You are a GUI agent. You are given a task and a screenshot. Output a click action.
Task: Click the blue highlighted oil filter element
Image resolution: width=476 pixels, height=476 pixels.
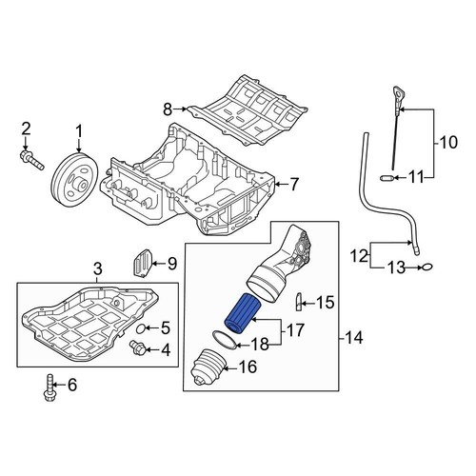(243, 313)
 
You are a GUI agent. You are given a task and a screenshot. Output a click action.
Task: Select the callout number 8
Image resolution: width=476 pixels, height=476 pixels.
(168, 109)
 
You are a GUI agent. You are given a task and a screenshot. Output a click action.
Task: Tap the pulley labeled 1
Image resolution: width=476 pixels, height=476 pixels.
(75, 181)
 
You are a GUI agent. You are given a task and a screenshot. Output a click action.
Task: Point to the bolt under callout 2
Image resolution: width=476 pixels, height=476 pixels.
(32, 160)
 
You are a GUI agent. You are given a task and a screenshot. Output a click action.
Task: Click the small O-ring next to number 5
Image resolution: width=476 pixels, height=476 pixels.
(141, 329)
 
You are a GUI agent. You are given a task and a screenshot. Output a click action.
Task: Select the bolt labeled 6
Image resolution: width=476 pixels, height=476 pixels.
(49, 387)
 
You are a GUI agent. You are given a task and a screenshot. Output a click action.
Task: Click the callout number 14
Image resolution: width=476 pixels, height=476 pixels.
(353, 338)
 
